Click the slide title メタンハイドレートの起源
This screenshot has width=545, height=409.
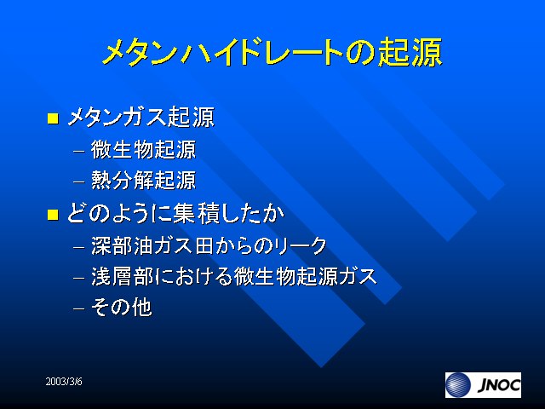coord(272,52)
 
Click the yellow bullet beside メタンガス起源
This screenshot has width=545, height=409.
coord(53,118)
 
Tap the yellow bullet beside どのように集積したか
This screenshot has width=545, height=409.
coord(53,214)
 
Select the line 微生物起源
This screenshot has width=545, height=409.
coord(144,150)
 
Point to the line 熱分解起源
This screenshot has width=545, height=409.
coord(144,180)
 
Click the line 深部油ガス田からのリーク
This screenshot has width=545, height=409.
coord(209,246)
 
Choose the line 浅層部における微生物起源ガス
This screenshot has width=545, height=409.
coord(234,276)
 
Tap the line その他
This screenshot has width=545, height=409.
coord(121,307)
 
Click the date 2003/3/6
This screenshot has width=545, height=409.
coord(64,382)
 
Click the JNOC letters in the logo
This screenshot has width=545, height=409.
coord(499,385)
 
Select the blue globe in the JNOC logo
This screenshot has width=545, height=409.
coord(458,385)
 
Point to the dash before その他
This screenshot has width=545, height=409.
coord(79,308)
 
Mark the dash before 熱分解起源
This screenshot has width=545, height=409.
coord(79,181)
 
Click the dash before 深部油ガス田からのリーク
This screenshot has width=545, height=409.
coord(79,247)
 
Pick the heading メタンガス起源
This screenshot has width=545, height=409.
coord(141,117)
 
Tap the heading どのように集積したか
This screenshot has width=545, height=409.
coord(175,213)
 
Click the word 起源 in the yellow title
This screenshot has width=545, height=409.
coord(410,52)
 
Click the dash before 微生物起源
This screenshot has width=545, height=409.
coord(79,152)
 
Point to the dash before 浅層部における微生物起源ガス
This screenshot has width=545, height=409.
coord(79,278)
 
